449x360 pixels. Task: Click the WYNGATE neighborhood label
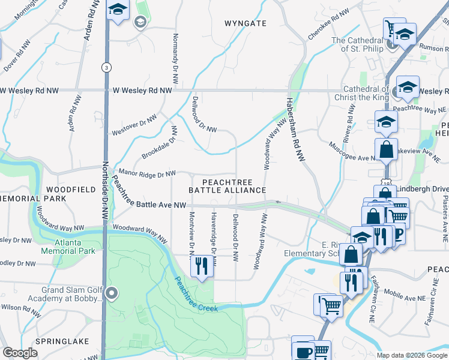point(245,23)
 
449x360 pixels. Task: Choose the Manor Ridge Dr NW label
point(147,173)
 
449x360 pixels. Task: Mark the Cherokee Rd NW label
point(328,20)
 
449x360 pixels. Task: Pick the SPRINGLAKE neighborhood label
point(62,341)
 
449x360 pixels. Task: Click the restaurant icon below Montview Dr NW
point(202,265)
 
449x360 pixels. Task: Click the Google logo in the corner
point(20,353)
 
